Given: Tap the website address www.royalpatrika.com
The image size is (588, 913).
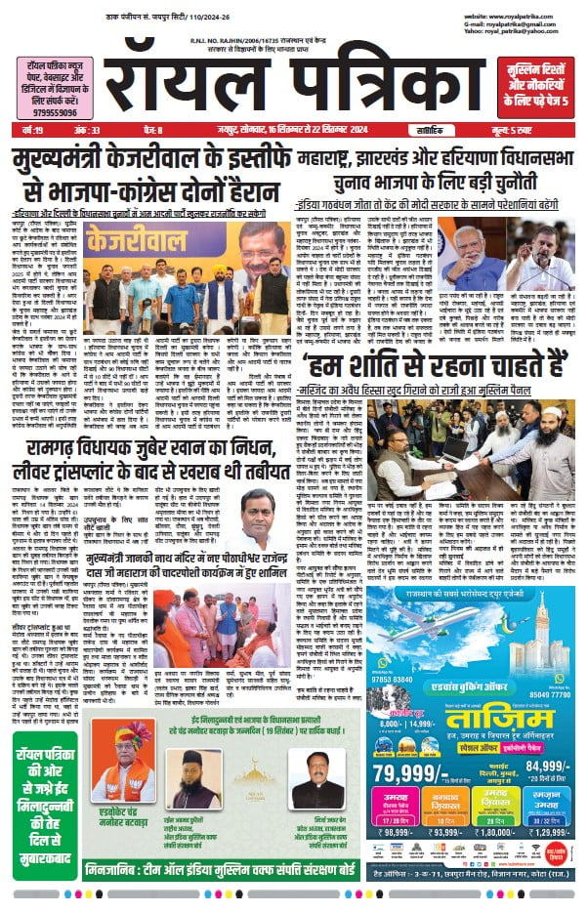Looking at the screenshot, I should (515, 17).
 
